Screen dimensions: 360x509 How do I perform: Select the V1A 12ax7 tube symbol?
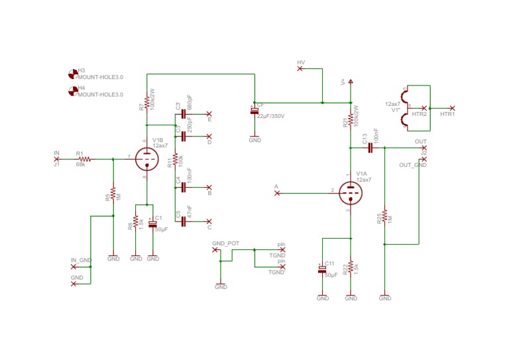click(x=350, y=193)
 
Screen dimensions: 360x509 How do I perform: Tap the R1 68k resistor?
click(x=84, y=159)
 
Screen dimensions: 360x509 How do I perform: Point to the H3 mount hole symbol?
click(x=72, y=72)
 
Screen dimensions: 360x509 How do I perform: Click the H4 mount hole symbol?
click(x=72, y=90)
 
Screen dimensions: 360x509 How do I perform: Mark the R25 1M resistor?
click(x=384, y=219)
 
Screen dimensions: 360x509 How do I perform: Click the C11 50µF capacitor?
click(x=323, y=269)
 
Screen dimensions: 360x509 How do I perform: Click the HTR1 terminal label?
click(x=448, y=114)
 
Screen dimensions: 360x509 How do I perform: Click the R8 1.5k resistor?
click(x=136, y=221)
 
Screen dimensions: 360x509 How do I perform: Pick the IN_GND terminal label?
click(x=81, y=260)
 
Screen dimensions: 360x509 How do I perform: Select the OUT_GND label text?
click(x=413, y=165)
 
